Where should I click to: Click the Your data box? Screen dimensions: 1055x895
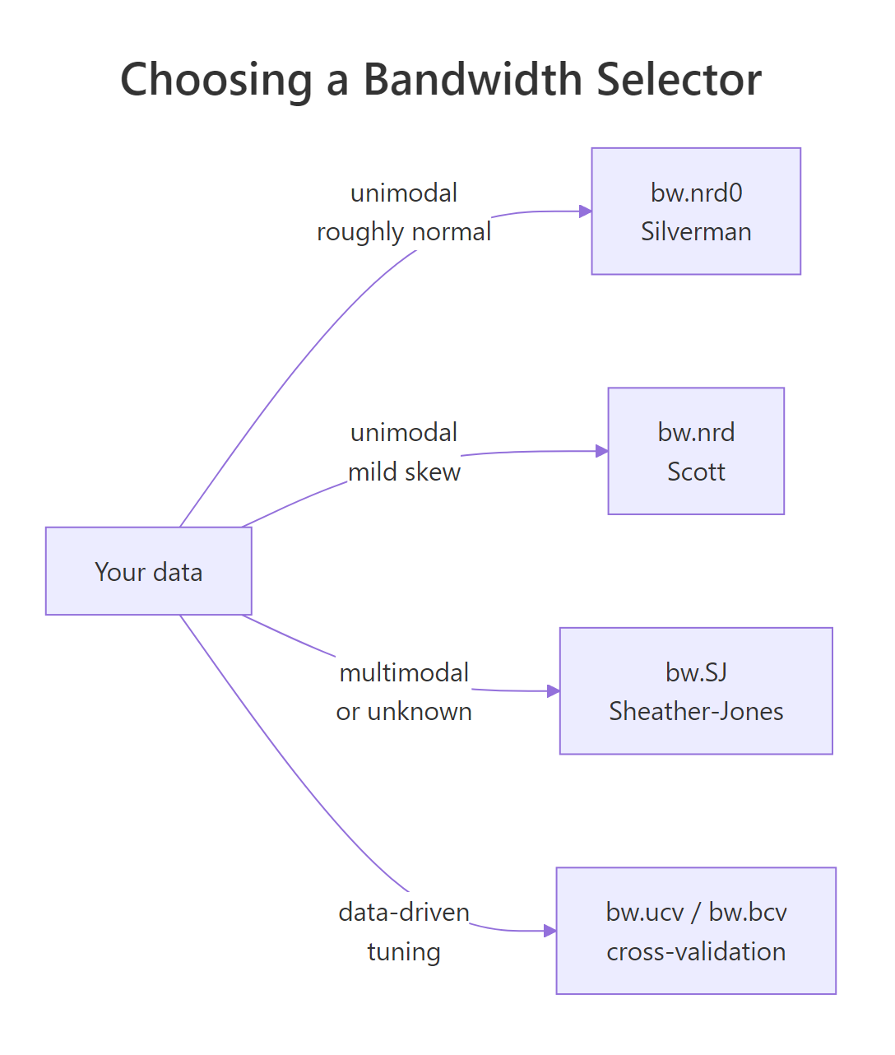pyautogui.click(x=149, y=571)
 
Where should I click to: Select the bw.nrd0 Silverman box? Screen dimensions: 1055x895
pyautogui.click(x=696, y=211)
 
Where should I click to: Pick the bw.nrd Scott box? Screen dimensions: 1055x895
pyautogui.click(x=696, y=451)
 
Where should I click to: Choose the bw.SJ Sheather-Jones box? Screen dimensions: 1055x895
pyautogui.click(x=696, y=691)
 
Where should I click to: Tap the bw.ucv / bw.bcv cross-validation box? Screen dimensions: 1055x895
pyautogui.click(x=696, y=931)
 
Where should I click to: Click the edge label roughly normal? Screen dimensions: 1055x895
pyautogui.click(x=404, y=232)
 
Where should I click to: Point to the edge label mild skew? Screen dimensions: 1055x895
pyautogui.click(x=404, y=472)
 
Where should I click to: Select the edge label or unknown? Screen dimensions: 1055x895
pyautogui.click(x=404, y=712)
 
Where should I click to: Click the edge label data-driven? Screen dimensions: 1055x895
pyautogui.click(x=404, y=912)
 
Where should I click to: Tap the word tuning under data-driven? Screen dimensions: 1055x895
pyautogui.click(x=404, y=952)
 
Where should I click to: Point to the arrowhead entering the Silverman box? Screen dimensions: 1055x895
pyautogui.click(x=586, y=211)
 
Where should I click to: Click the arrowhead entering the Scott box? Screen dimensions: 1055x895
pyautogui.click(x=602, y=451)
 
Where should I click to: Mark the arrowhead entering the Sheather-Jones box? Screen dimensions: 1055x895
pyautogui.click(x=554, y=691)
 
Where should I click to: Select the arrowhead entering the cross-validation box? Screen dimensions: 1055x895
pyautogui.click(x=550, y=931)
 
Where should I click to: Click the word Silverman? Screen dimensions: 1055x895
pyautogui.click(x=696, y=232)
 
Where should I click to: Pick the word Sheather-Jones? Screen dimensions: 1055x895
pyautogui.click(x=696, y=712)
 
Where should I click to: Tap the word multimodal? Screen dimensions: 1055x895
pyautogui.click(x=404, y=672)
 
